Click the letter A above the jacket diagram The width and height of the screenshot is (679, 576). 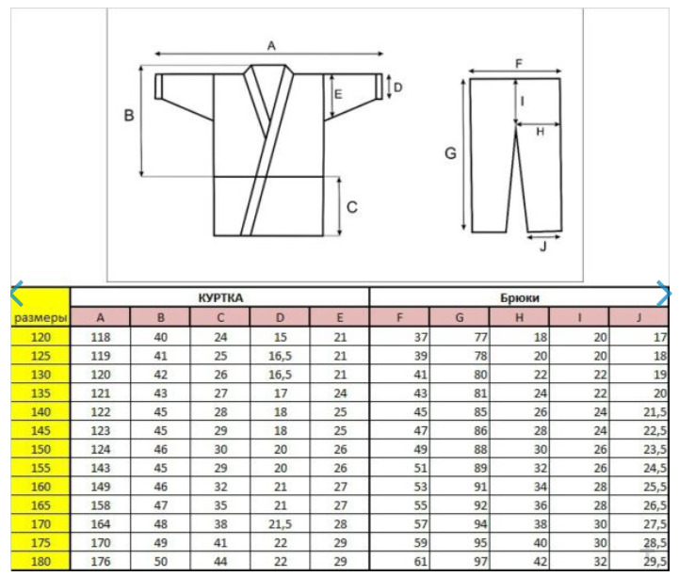point(271,45)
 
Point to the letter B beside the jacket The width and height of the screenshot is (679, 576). point(129,116)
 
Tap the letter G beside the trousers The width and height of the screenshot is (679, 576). point(450,153)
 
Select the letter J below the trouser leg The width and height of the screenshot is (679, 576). point(543,247)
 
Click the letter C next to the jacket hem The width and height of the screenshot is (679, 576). point(352,207)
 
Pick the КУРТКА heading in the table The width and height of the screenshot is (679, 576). point(221,297)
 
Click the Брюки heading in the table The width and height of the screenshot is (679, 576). point(520,297)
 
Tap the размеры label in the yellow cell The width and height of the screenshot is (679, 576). point(40,318)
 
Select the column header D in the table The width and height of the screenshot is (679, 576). point(281,317)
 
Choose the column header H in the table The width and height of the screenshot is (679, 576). point(519,317)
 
